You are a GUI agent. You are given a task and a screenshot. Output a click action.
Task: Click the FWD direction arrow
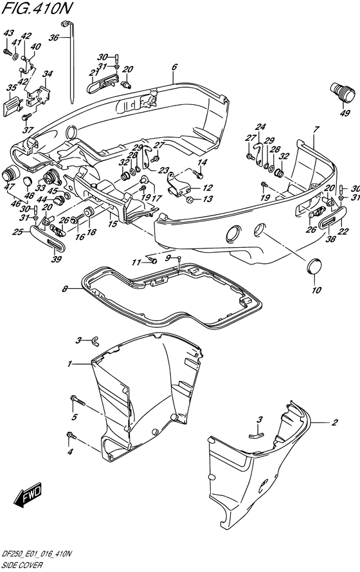click(x=28, y=495)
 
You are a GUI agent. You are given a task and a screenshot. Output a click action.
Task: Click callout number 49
click(x=345, y=113)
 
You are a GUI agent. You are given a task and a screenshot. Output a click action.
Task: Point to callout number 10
click(x=316, y=290)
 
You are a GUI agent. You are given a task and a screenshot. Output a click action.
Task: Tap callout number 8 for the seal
click(x=64, y=290)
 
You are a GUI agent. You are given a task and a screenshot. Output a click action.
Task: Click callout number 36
click(x=53, y=37)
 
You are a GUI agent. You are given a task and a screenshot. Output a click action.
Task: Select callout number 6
click(x=174, y=67)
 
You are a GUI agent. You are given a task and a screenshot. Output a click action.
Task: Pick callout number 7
click(x=316, y=129)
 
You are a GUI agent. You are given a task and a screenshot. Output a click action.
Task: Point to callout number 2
click(x=334, y=423)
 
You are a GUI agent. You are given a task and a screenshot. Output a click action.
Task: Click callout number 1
click(x=69, y=364)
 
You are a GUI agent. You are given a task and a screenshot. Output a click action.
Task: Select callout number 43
click(x=8, y=33)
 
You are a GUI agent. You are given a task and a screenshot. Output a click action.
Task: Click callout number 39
click(x=57, y=259)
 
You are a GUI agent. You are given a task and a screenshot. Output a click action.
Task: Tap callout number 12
click(x=208, y=188)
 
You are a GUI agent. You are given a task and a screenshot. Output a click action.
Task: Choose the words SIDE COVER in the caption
click(x=22, y=565)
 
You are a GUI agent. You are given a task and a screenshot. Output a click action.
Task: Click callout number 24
click(x=260, y=127)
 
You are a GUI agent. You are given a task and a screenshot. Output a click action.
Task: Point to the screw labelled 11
click(x=152, y=261)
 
